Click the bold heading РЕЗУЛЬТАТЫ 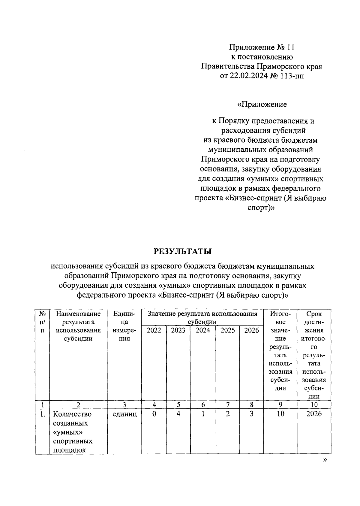click(183, 251)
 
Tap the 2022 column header click(154, 330)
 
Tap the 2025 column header click(228, 330)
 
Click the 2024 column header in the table click(203, 330)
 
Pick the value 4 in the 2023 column click(178, 414)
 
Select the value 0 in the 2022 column click(154, 414)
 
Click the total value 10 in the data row click(280, 414)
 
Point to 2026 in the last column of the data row click(314, 414)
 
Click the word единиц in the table click(124, 414)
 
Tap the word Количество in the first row click(72, 414)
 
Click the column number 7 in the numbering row click(228, 404)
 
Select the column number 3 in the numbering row click(124, 404)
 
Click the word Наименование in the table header click(78, 314)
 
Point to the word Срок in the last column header click(314, 314)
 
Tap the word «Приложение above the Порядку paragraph click(262, 104)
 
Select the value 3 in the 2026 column click(251, 414)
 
